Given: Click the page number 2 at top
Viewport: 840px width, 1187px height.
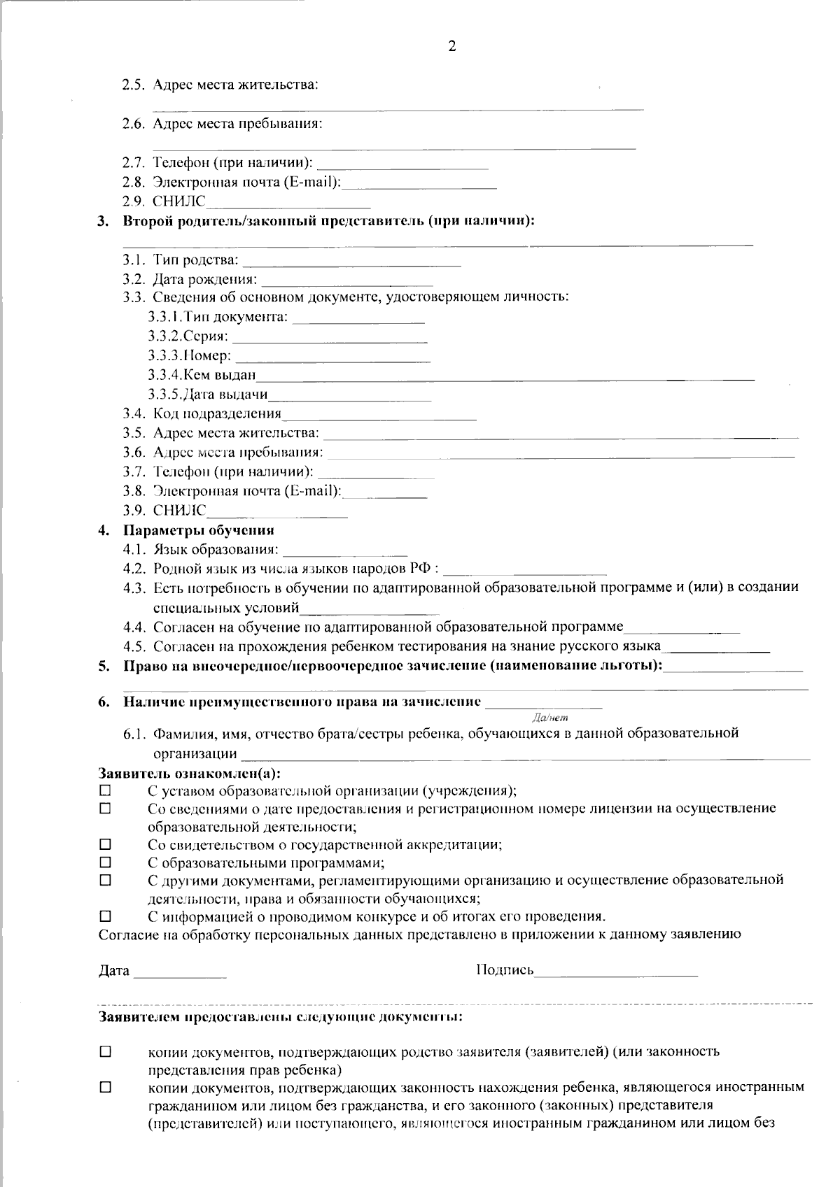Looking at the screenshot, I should (x=451, y=47).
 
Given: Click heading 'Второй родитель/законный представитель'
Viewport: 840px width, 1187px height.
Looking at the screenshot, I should (x=328, y=222).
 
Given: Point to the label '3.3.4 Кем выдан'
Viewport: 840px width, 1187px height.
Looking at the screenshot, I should (x=202, y=376).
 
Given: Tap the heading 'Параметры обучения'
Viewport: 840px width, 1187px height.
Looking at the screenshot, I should (x=198, y=530).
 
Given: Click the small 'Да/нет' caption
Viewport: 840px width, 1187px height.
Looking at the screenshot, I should (x=550, y=717).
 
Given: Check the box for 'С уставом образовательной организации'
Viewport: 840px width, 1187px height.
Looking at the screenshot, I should (x=106, y=790).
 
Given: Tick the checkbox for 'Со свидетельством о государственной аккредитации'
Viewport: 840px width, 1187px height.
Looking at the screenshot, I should (x=106, y=844).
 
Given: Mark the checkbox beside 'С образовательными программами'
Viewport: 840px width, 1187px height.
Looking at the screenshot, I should (x=106, y=862).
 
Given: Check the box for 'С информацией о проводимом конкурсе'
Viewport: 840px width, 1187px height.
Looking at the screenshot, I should (x=106, y=916).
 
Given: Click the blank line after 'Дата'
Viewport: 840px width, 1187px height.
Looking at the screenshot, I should (x=180, y=974).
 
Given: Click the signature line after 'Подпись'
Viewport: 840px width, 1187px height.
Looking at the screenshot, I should (x=615, y=974).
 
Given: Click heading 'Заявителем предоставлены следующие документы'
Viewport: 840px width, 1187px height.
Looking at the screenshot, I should (x=280, y=1016).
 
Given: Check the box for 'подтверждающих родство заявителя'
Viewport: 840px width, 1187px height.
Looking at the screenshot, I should (x=106, y=1051).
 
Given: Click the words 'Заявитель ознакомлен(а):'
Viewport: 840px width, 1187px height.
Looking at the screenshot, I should (x=189, y=774).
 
